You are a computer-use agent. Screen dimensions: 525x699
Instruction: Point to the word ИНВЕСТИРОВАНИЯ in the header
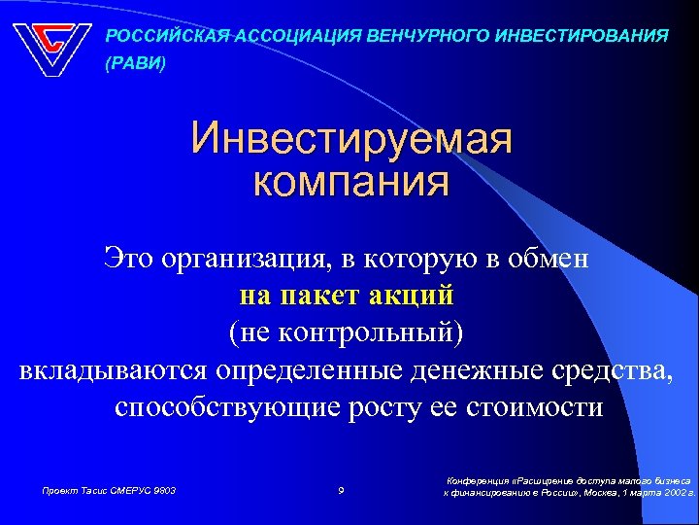coord(581,36)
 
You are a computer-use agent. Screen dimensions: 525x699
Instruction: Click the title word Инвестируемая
coord(351,139)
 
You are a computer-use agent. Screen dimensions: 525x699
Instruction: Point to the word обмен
coord(552,259)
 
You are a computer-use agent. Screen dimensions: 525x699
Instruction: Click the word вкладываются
coord(116,369)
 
